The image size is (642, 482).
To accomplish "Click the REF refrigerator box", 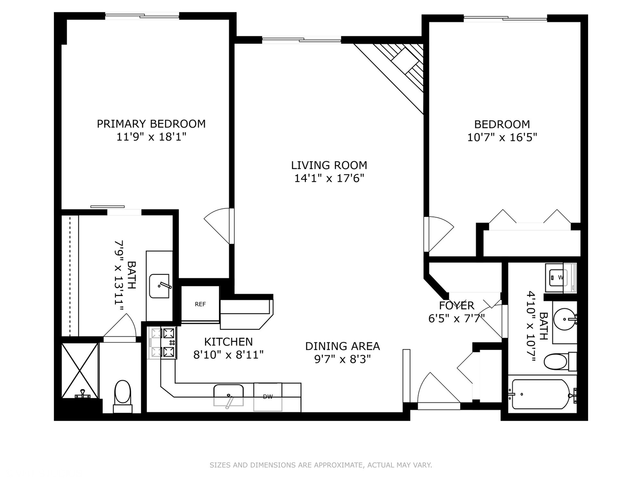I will click(x=200, y=304).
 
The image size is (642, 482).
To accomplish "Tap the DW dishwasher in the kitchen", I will click(x=267, y=397).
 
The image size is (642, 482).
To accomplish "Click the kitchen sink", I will click(x=228, y=395).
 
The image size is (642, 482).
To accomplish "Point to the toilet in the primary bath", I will click(x=122, y=395).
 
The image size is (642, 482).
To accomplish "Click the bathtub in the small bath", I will click(x=541, y=394).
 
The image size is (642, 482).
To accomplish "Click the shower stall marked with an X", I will click(x=79, y=370).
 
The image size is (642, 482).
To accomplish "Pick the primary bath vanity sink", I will click(x=160, y=286).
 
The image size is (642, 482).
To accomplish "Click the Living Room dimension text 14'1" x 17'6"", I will click(x=329, y=179).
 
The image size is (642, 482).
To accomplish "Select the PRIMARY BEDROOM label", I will click(x=151, y=124).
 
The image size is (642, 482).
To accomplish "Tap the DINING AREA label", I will click(x=342, y=346).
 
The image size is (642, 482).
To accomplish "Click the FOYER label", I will click(x=456, y=306).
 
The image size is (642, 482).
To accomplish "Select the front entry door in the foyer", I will click(x=437, y=391).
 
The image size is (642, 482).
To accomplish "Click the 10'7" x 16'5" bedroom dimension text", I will click(x=502, y=137).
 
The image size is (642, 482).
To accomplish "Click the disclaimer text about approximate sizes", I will click(x=321, y=465).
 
